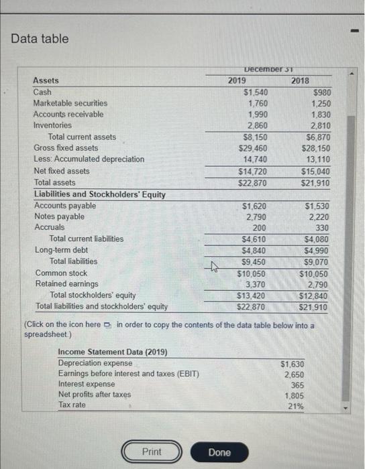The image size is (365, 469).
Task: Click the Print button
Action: [152, 452]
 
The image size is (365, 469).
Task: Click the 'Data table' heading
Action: [40, 39]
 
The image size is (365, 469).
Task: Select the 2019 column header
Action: [237, 80]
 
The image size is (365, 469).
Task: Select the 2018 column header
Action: [300, 80]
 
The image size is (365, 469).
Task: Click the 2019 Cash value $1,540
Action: [256, 92]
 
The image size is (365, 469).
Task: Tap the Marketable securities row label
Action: [70, 103]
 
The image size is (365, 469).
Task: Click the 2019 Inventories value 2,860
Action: [258, 125]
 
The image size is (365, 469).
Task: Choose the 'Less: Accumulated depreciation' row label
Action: [89, 159]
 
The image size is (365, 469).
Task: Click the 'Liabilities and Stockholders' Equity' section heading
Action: [99, 194]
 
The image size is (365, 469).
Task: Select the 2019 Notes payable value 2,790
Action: [258, 216]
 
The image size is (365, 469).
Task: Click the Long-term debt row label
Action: [61, 250]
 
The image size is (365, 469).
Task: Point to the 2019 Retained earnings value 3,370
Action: [258, 283]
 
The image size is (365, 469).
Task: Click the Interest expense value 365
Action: [295, 384]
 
